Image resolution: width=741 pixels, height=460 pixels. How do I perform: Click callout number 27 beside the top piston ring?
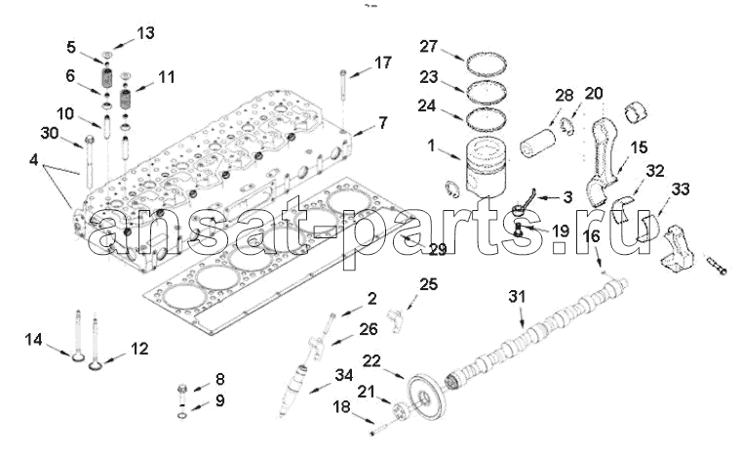pyautogui.click(x=430, y=46)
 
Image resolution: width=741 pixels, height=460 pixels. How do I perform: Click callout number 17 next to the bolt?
pyautogui.click(x=382, y=63)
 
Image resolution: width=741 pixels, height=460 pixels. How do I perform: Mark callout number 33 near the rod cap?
pyautogui.click(x=680, y=188)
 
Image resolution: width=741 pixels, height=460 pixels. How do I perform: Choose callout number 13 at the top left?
pyautogui.click(x=145, y=33)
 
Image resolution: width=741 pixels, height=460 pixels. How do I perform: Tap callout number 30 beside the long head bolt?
pyautogui.click(x=50, y=133)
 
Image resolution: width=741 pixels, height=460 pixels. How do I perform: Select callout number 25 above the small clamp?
pyautogui.click(x=429, y=283)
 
